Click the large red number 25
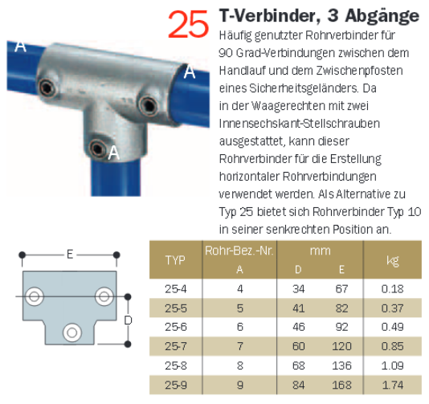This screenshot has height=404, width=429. [x=189, y=24]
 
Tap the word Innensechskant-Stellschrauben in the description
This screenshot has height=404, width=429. [x=300, y=124]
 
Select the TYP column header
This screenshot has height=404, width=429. [x=175, y=260]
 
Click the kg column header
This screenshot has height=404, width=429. [x=393, y=261]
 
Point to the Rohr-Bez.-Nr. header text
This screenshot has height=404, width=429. [x=239, y=251]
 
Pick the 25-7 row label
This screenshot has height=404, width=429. [x=176, y=346]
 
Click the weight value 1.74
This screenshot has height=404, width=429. [x=393, y=385]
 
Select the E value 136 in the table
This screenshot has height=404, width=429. [x=341, y=365]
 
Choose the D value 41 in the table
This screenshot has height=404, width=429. [x=299, y=308]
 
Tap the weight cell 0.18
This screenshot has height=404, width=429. [x=393, y=289]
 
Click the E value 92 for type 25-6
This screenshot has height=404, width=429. [x=341, y=327]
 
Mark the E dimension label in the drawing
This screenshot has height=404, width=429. [x=70, y=255]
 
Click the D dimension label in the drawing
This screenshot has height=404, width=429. [x=128, y=320]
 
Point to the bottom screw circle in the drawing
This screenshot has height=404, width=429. [x=72, y=333]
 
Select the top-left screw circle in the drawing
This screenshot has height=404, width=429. [x=35, y=296]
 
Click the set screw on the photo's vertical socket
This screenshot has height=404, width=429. [x=98, y=149]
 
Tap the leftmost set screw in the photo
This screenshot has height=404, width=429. [x=47, y=88]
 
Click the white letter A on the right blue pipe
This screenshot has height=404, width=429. [x=190, y=72]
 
